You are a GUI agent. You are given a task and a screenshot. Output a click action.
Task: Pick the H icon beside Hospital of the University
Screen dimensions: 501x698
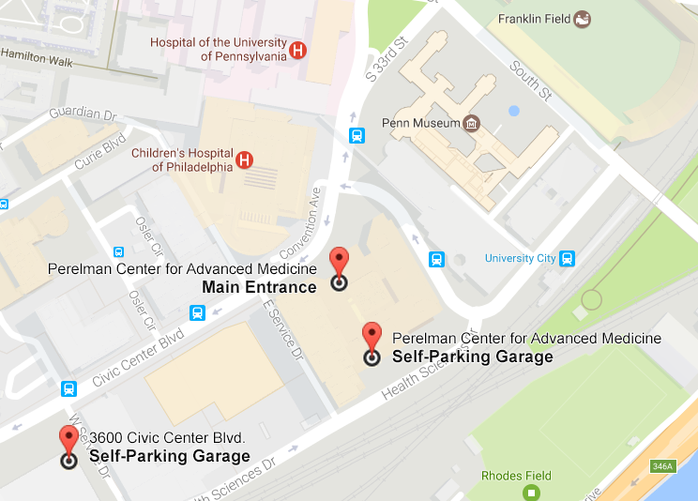[297, 49]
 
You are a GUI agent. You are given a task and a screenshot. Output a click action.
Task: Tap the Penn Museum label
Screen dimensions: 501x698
[421, 123]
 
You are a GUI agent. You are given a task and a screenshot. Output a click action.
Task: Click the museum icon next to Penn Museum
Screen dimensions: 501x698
[472, 123]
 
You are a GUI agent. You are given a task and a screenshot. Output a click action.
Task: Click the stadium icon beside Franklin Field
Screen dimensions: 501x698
[583, 19]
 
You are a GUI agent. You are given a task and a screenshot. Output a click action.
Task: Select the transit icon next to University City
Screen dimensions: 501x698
[568, 258]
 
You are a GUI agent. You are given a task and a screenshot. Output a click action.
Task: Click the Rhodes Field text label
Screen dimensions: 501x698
[515, 476]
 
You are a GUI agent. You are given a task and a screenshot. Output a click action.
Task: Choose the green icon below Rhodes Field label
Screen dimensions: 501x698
[532, 493]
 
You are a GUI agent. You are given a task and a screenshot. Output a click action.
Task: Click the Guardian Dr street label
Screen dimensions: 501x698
[74, 114]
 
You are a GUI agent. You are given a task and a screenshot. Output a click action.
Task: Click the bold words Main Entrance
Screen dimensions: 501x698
[259, 285]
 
